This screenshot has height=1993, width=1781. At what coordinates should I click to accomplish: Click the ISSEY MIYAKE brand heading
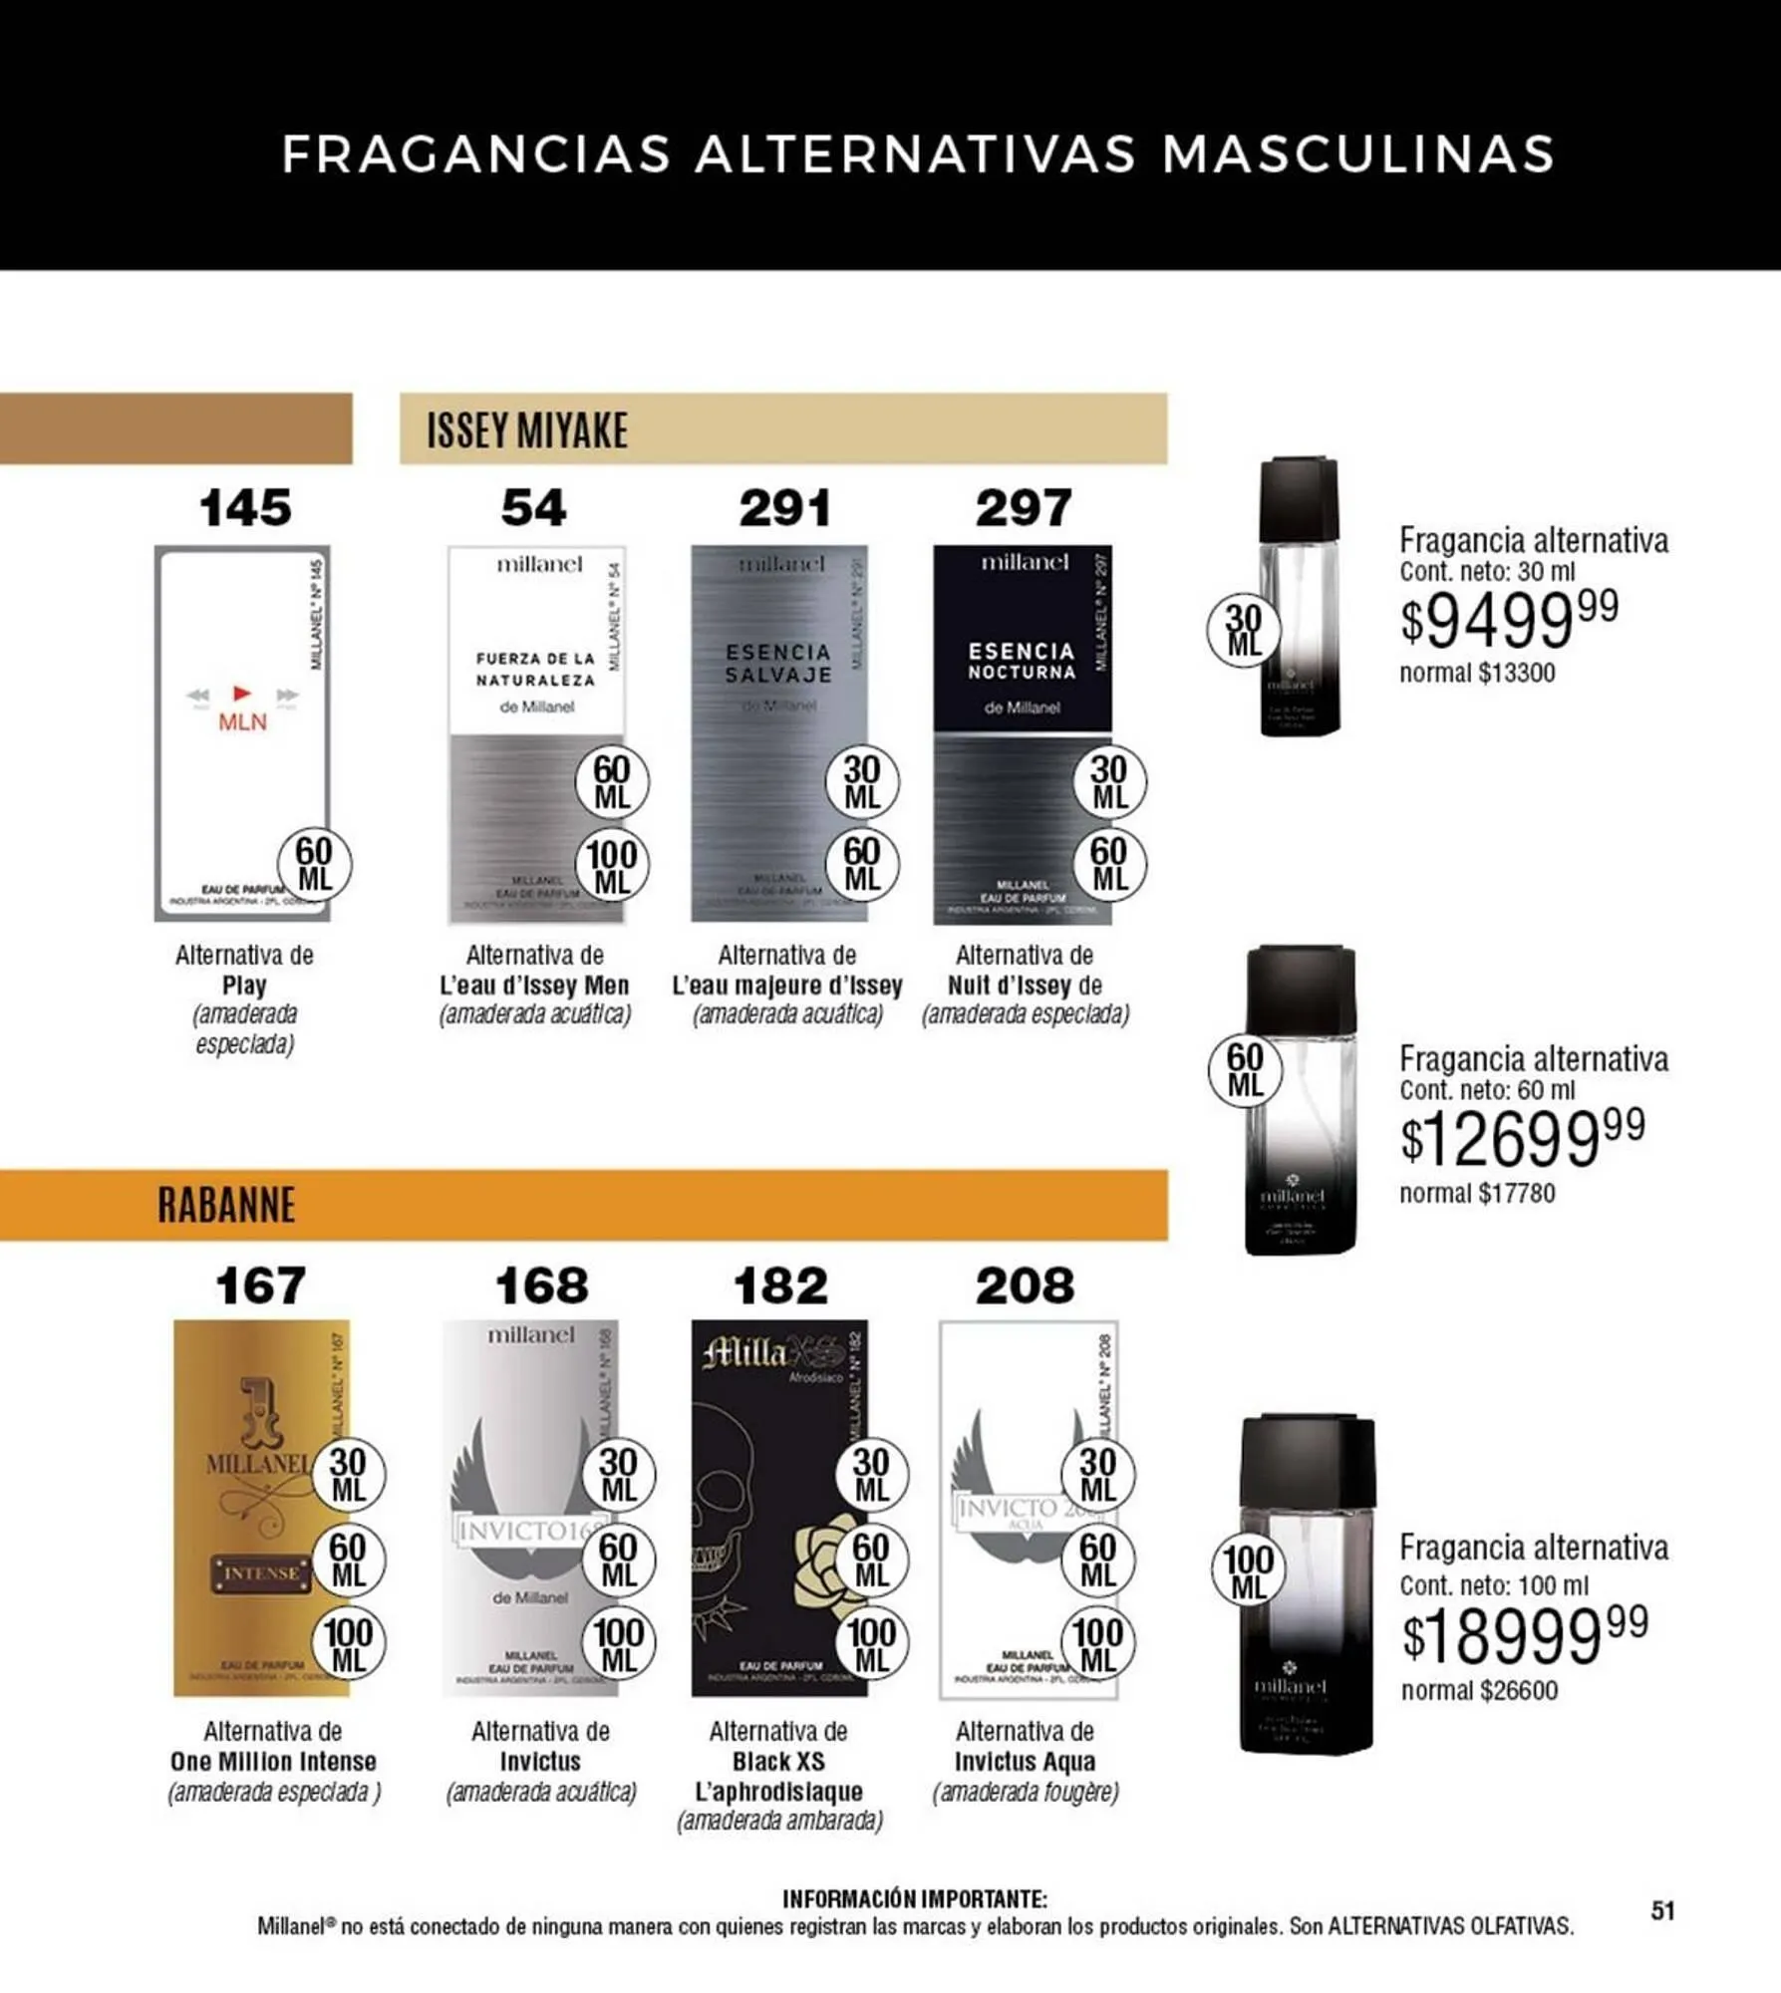click(527, 430)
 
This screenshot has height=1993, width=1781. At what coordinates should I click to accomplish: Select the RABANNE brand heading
click(226, 1205)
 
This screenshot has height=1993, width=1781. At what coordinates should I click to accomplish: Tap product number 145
click(245, 508)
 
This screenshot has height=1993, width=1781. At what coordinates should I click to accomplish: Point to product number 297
click(1023, 508)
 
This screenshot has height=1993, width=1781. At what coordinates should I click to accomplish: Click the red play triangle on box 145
click(241, 693)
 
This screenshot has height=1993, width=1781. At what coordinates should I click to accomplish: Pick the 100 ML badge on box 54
click(612, 867)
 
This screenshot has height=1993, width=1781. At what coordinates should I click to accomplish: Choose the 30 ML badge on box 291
click(861, 782)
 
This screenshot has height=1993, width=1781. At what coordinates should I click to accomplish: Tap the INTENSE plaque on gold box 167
click(260, 1573)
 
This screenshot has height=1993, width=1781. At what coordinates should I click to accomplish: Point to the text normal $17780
click(1476, 1193)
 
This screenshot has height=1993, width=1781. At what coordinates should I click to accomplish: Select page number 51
click(1662, 1910)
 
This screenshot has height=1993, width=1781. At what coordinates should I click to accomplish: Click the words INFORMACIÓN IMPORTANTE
click(914, 1898)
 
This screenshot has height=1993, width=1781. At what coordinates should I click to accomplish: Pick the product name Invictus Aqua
click(1025, 1762)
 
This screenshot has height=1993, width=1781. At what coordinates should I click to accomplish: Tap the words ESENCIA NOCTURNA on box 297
click(1022, 661)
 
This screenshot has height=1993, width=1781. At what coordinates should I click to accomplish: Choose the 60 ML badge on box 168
click(618, 1561)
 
